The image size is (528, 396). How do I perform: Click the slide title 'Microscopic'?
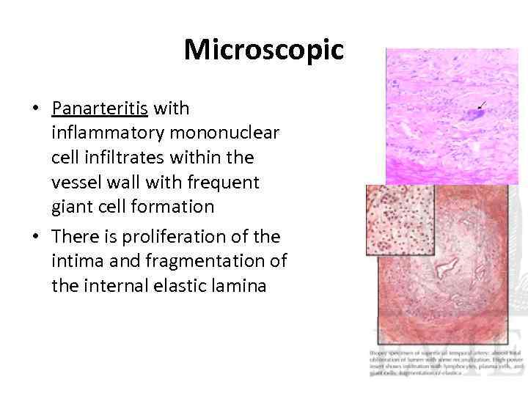[x=263, y=50]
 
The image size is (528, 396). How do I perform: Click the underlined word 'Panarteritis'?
[x=100, y=109]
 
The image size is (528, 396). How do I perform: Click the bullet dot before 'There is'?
[x=34, y=238]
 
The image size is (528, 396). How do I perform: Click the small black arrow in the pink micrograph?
[x=485, y=104]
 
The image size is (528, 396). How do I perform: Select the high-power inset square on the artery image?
[x=400, y=220]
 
